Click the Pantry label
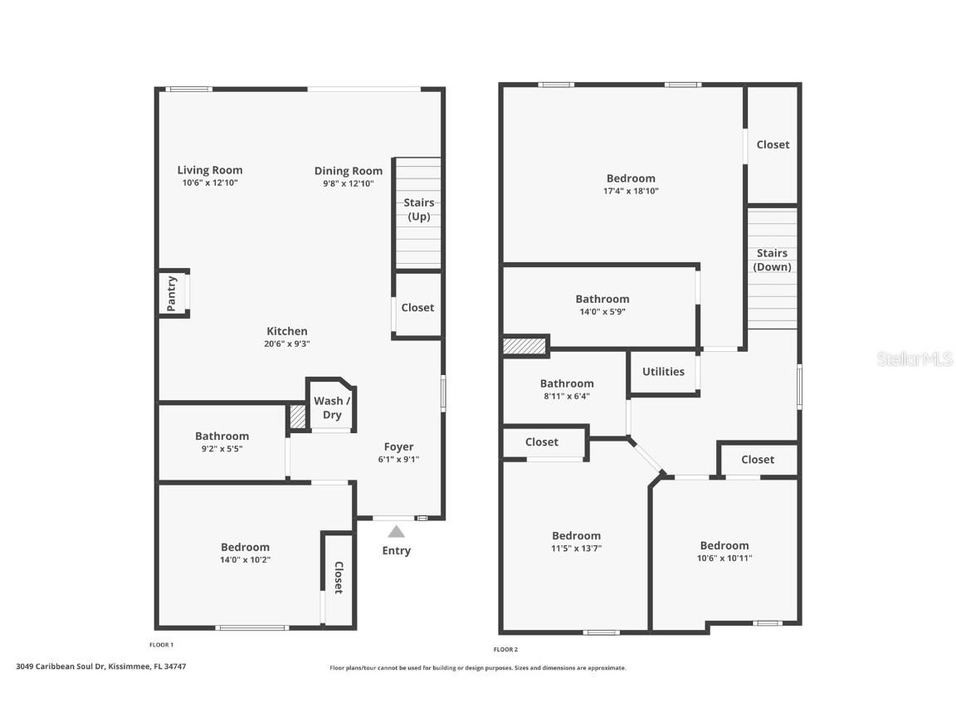[x=172, y=293]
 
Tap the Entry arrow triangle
[x=397, y=532]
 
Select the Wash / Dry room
[x=332, y=408]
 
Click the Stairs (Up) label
[x=419, y=209]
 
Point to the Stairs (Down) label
[x=772, y=260]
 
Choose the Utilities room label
[x=663, y=371]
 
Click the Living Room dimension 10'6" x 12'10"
[x=210, y=183]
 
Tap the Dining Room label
[x=349, y=171]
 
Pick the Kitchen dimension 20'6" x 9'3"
[x=287, y=344]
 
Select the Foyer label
[x=398, y=447]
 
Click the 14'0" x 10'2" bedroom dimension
[x=245, y=559]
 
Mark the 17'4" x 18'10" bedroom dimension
[x=631, y=191]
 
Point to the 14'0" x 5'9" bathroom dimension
[x=602, y=311]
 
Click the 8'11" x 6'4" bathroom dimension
[x=567, y=397]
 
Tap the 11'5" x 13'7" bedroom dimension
[x=576, y=548]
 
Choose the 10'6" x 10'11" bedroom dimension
[x=724, y=558]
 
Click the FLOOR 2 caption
[x=505, y=649]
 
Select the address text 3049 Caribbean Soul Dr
[x=61, y=666]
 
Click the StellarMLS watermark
[x=915, y=359]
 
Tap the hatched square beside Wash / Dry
[x=298, y=417]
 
